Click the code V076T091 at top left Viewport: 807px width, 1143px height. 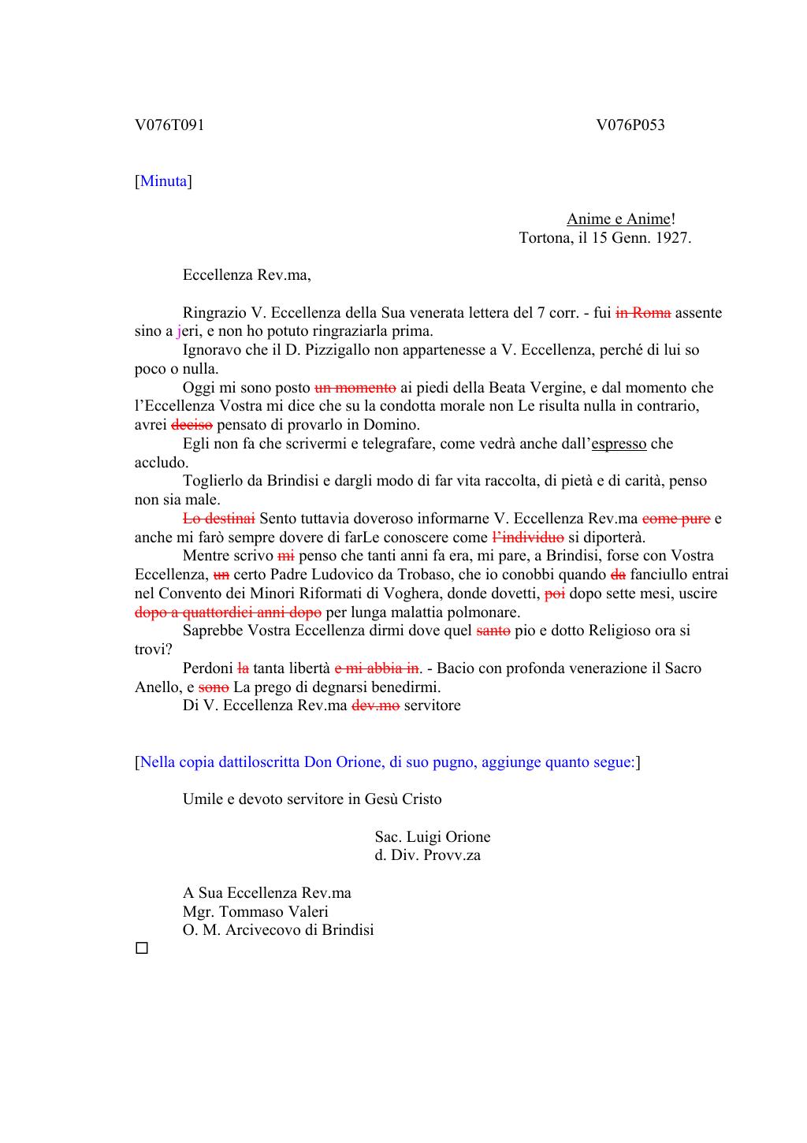point(169,125)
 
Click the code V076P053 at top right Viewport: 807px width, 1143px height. point(630,125)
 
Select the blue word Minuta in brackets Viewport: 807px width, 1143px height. point(164,181)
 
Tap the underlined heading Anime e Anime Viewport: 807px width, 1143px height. point(619,219)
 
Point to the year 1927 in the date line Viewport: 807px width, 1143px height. point(671,238)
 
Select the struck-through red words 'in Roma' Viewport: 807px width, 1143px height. point(643,313)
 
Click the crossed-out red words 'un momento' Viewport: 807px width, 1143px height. point(355,388)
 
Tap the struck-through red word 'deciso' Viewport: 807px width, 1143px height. point(192,425)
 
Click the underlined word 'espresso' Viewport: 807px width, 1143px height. point(619,444)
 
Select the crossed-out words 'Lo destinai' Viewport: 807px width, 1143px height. point(218,519)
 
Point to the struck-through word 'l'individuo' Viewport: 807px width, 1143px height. point(527,538)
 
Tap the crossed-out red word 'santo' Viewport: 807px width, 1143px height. point(493,631)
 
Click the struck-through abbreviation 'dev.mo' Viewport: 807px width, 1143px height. point(375,706)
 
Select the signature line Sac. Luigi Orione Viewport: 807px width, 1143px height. point(432,837)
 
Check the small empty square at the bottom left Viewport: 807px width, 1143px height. point(142,948)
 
